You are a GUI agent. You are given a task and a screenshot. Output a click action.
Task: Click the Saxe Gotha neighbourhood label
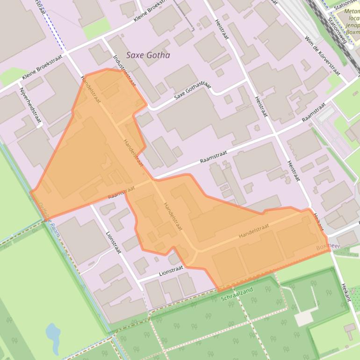148,55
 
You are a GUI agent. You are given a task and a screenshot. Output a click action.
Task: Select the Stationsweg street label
337,31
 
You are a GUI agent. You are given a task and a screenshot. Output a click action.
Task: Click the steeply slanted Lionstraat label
114,242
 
